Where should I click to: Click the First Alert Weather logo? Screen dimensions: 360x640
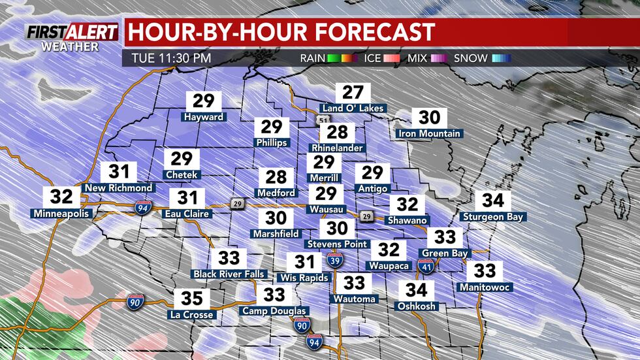[72, 37]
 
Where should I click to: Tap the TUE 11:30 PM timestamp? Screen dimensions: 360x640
[171, 57]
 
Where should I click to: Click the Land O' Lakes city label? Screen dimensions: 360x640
[353, 108]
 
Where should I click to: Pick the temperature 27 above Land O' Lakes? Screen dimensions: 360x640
[353, 93]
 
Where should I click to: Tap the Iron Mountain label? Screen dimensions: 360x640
[430, 133]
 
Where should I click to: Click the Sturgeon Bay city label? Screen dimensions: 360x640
[493, 216]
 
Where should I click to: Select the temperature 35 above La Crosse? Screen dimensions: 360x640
[192, 299]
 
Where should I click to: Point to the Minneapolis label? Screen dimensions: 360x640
[61, 212]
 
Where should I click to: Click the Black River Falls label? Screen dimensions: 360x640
[229, 274]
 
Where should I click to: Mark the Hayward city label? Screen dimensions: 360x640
[204, 117]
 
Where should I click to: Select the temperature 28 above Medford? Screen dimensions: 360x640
[276, 177]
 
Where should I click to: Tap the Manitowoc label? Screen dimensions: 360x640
[485, 287]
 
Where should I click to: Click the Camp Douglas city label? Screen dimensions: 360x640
[274, 310]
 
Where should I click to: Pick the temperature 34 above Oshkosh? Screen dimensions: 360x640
[417, 289]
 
